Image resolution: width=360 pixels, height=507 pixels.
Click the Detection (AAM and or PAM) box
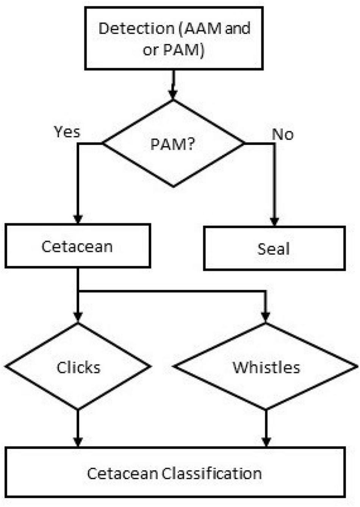click(174, 39)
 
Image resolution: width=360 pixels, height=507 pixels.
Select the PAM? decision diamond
click(173, 144)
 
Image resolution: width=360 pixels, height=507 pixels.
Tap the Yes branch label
click(67, 132)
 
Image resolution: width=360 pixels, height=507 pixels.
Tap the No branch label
click(283, 134)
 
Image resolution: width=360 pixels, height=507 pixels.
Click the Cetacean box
click(78, 246)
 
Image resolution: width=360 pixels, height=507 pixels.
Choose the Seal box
click(274, 249)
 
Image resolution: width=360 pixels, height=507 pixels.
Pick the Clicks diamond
click(78, 367)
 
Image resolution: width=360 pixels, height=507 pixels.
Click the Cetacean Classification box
click(175, 473)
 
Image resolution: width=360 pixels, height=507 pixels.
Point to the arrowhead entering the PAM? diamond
click(173, 94)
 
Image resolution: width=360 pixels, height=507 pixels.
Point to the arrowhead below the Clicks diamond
click(78, 441)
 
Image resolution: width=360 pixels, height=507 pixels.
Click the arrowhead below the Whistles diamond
click(266, 441)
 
